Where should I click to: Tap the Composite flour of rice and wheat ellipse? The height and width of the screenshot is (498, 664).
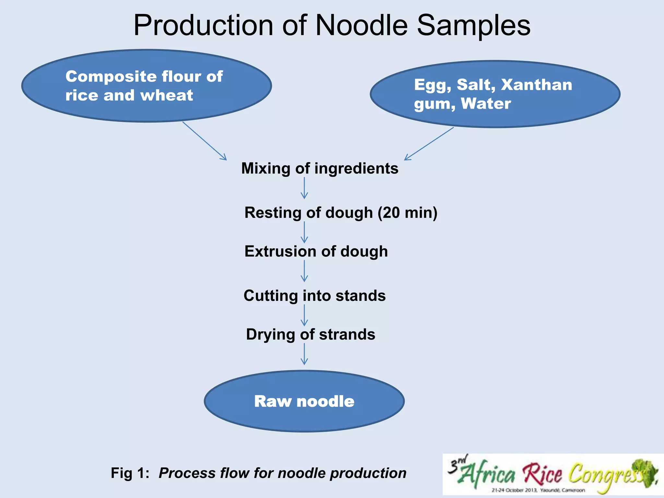[147, 86]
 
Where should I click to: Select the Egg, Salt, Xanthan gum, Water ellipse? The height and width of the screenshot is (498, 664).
[495, 94]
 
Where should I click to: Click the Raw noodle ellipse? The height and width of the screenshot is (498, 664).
[304, 401]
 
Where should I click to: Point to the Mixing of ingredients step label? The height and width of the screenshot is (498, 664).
[320, 168]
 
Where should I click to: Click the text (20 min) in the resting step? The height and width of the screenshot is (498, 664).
[407, 213]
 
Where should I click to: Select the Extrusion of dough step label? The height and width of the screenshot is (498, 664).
[316, 251]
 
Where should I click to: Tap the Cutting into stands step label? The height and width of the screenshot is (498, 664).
[314, 296]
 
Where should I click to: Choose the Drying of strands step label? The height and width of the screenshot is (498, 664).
[311, 334]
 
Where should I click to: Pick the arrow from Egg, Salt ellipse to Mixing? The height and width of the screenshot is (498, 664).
[429, 144]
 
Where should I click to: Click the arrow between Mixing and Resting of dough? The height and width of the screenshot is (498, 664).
[304, 188]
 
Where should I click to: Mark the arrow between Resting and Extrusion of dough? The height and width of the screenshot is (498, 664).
[304, 232]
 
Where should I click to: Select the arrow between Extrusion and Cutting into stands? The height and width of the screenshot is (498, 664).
[304, 271]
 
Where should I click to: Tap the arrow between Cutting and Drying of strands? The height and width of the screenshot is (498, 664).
[304, 315]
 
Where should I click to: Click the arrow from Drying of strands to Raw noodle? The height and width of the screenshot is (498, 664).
[304, 354]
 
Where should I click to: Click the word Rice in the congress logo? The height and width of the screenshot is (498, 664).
[542, 474]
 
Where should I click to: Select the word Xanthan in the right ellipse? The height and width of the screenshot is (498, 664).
[536, 85]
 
